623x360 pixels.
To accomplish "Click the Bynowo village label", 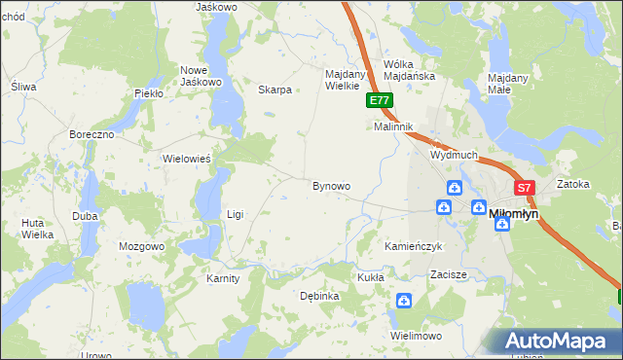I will pos(331,185).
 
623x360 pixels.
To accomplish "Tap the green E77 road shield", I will pos(381,100).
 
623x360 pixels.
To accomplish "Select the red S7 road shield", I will pos(524,188).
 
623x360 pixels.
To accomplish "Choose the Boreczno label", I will pos(92,133).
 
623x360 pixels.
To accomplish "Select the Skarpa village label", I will pos(275,90).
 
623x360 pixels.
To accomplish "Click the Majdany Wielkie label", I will pos(345,79).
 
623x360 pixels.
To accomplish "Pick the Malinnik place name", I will pos(394,126).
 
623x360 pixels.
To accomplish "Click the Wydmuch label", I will pos(454,155).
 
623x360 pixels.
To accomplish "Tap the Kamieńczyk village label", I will pos(414,247).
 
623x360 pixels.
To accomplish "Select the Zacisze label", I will pos(450,275).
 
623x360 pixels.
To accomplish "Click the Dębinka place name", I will pos(319,296).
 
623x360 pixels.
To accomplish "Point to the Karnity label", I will pos(223,279).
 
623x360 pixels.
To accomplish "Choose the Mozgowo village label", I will pos(142,246).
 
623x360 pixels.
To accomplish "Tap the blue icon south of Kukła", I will pos(404,303).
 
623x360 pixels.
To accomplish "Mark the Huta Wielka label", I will pos(37,229).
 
